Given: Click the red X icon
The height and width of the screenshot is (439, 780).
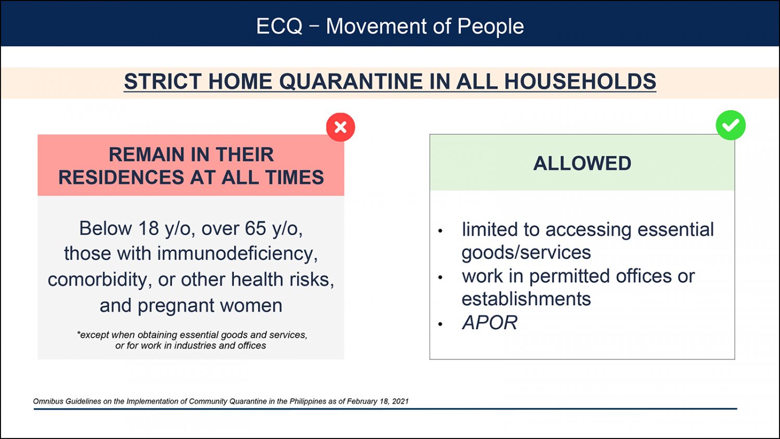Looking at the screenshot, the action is tap(340, 127).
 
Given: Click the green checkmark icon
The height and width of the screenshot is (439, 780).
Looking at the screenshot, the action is tap(731, 125).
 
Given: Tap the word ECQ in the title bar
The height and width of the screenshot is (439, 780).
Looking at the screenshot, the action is tap(279, 26).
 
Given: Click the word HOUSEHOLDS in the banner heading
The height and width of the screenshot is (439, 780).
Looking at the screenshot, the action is tap(580, 82).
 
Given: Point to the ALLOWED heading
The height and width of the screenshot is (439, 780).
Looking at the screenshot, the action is tap(582, 163).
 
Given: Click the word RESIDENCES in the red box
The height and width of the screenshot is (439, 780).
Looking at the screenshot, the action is tap(121, 177).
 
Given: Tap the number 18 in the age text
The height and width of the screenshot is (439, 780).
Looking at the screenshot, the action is tap(148, 228).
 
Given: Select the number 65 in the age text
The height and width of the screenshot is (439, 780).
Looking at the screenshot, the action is tap(255, 228).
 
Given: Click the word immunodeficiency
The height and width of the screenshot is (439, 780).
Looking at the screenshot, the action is tap(237, 254).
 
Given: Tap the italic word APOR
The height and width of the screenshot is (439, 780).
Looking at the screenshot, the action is tap(490, 322).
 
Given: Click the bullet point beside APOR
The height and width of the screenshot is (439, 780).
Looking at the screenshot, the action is tap(440, 324).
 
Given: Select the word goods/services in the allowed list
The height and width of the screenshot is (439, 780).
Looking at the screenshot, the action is tap(526, 253).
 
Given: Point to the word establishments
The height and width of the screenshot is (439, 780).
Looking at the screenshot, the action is tap(526, 299).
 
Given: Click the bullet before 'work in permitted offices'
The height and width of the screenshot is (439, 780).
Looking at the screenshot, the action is tap(440, 277).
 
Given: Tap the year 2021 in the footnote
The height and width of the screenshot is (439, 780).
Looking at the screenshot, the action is tap(400, 401).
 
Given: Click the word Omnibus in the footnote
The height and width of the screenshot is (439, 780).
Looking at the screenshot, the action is tap(48, 401).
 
